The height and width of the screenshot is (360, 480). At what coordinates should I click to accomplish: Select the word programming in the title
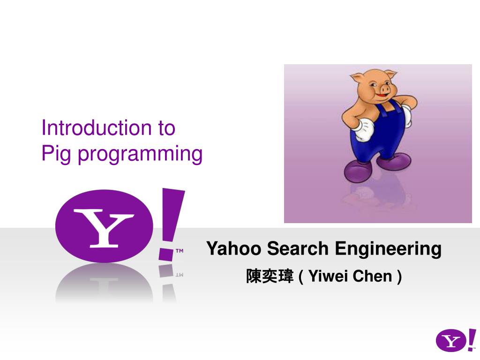[140, 154]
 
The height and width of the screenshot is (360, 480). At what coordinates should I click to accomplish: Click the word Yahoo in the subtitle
[234, 248]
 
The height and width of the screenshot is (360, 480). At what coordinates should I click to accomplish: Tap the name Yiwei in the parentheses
[328, 277]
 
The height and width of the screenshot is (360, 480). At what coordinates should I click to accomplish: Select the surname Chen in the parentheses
[373, 277]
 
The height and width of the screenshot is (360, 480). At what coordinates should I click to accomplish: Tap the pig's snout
[385, 88]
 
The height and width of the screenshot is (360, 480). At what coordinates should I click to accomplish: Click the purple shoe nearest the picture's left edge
[359, 171]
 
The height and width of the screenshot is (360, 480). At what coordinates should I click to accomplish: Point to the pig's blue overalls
[375, 136]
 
